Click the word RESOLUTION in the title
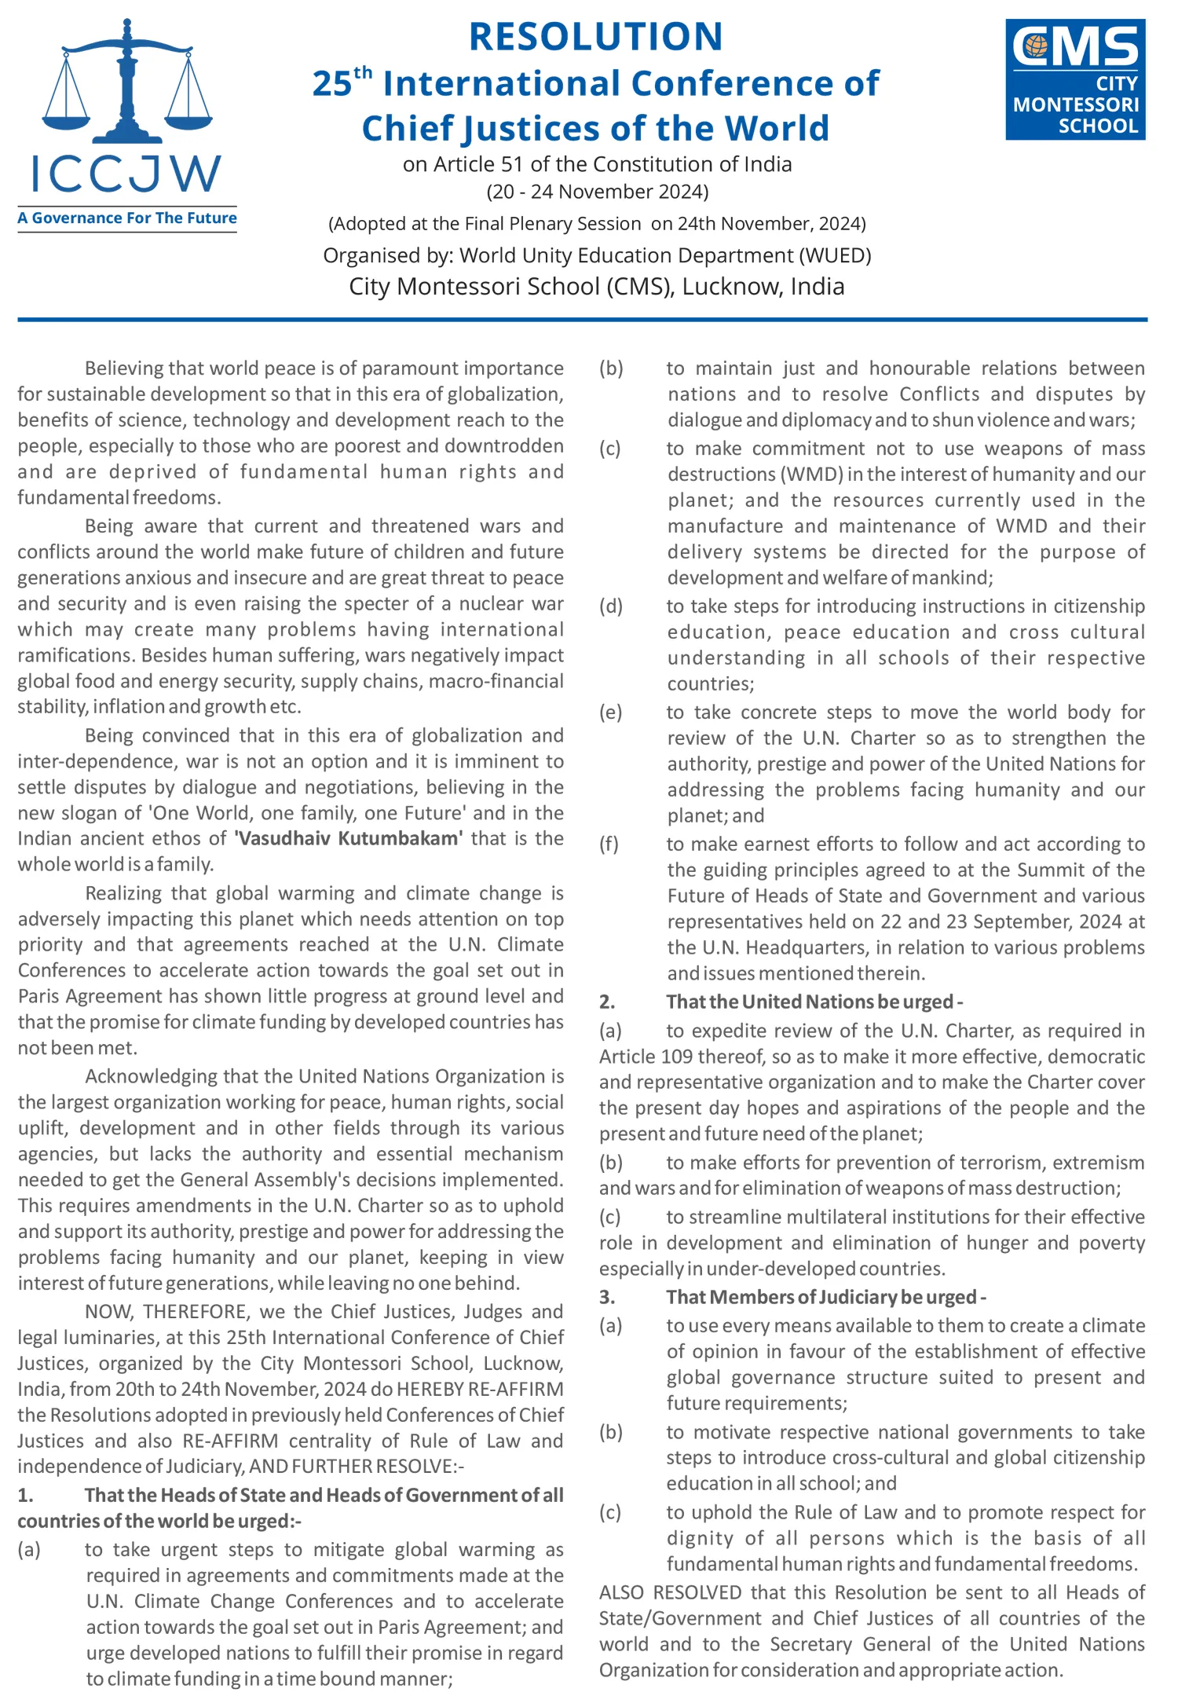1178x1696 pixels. point(595,37)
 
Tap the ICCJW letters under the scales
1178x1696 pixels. point(126,174)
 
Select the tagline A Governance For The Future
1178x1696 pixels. point(127,218)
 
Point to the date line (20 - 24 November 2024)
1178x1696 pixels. point(597,192)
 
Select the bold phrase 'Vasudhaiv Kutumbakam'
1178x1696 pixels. point(349,838)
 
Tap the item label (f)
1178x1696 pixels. point(609,844)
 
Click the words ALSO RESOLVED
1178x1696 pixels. point(671,1592)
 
